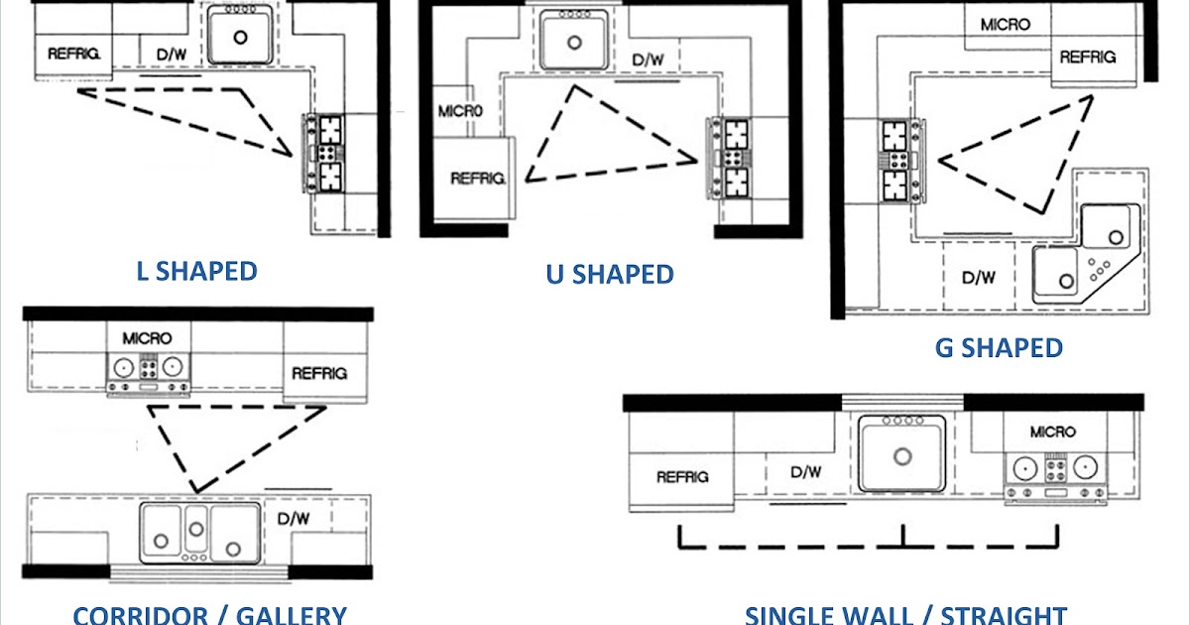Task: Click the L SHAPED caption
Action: pos(196,271)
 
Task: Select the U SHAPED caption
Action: pos(609,274)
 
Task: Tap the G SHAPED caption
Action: pos(998,348)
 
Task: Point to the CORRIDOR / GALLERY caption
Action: pos(209,614)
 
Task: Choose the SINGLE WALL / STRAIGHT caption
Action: pos(905,614)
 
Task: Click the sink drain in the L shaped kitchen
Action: pos(241,38)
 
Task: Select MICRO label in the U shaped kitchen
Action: pos(459,110)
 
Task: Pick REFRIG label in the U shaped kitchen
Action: pos(478,179)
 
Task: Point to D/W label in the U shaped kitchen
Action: pos(648,61)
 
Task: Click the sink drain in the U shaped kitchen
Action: pos(574,43)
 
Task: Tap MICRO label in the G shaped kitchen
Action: pos(1005,24)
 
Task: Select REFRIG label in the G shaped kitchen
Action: pos(1088,58)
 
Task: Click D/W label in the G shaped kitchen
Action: pos(979,278)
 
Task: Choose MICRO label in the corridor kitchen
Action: pos(147,338)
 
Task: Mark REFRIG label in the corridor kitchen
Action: pos(319,373)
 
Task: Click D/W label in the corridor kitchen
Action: pos(294,518)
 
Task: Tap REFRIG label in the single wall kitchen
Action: pos(682,476)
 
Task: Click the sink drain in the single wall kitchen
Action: pos(901,456)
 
